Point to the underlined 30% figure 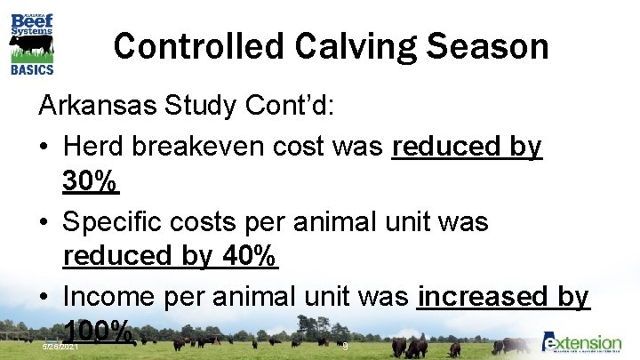(x=91, y=183)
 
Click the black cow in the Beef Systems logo (x=33, y=45)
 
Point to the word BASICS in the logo (x=32, y=69)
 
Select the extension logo (x=582, y=343)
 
